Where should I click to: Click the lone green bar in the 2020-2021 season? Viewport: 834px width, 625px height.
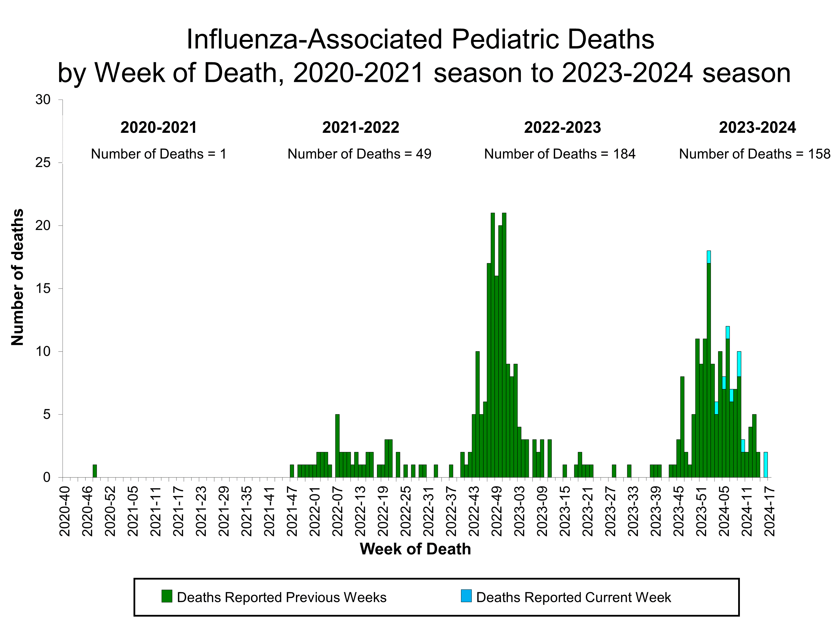click(x=95, y=471)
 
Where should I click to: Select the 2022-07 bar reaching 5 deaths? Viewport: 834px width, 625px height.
click(x=337, y=446)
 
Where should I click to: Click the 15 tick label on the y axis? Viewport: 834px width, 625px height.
click(x=43, y=288)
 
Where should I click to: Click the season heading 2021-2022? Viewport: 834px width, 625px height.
click(x=361, y=128)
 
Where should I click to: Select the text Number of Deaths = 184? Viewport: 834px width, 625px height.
click(x=559, y=154)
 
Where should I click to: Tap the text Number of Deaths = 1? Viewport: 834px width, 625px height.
click(x=158, y=154)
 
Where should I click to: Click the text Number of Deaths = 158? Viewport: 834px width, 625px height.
click(x=754, y=154)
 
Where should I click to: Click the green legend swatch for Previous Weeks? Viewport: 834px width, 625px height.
click(x=167, y=596)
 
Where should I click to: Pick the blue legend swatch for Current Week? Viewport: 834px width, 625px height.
click(x=466, y=596)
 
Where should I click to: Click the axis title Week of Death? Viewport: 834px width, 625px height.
click(x=415, y=549)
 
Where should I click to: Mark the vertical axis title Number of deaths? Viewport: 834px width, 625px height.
click(x=17, y=277)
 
